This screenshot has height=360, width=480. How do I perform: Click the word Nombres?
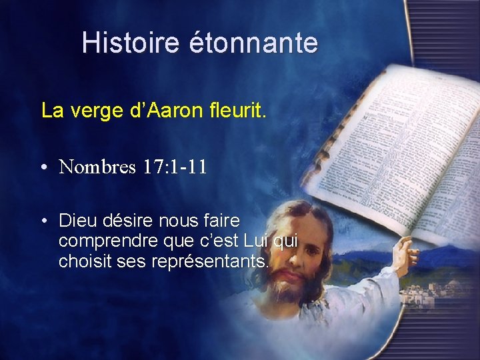click(x=97, y=166)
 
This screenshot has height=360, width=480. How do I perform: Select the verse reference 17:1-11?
click(x=174, y=166)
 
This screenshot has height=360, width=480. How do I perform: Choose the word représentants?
click(x=210, y=261)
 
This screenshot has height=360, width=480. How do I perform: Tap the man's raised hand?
click(x=405, y=253)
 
